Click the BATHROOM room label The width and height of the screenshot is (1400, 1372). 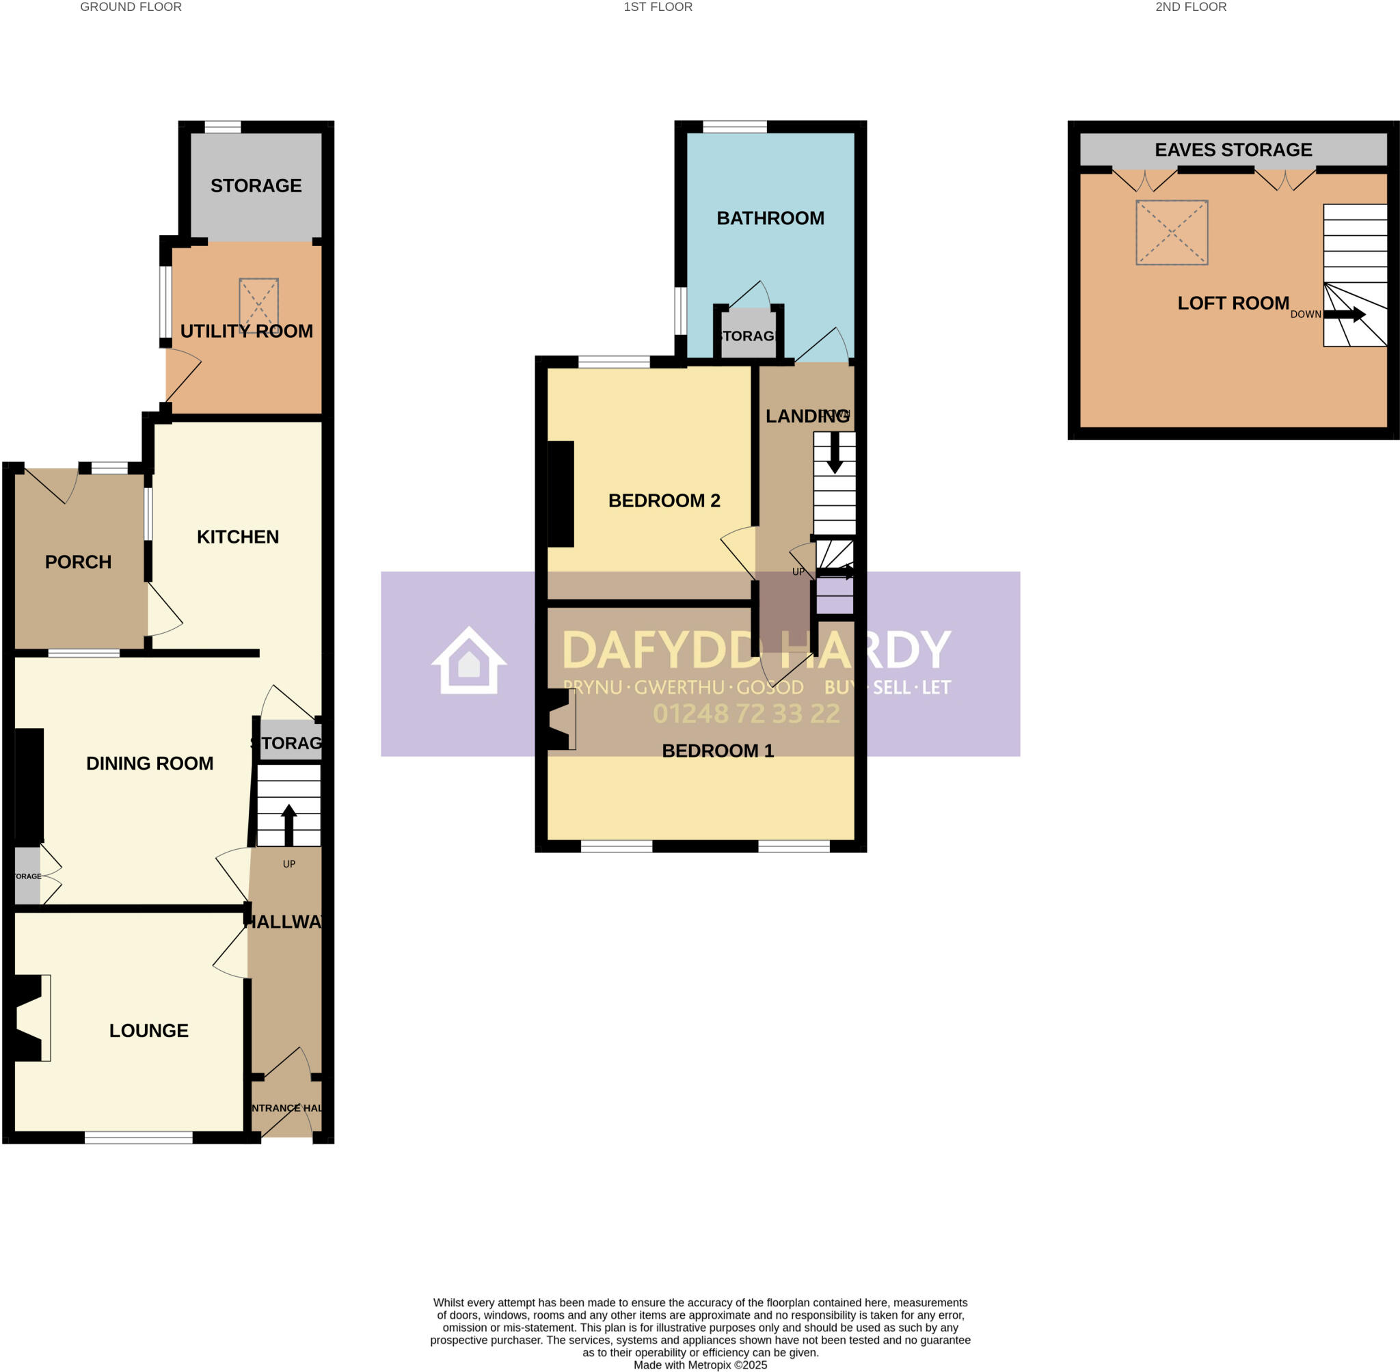click(770, 217)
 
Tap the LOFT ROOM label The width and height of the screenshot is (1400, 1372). click(1232, 303)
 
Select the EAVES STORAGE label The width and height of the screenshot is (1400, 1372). click(1232, 149)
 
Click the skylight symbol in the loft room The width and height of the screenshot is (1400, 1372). click(1171, 232)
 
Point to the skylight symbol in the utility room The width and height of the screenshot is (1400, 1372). click(258, 303)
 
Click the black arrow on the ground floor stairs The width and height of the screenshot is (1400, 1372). click(288, 824)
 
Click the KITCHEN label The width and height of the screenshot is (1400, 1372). click(238, 536)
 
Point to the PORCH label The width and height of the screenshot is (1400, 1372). click(78, 561)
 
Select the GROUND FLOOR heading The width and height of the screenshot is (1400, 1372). click(131, 8)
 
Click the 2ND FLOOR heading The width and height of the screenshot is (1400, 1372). click(1190, 8)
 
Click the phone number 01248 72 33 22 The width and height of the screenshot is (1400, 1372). click(746, 714)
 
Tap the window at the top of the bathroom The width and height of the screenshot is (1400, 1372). click(734, 127)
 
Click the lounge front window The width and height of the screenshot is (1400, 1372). click(138, 1137)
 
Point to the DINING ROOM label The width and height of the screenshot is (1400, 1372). click(149, 763)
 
